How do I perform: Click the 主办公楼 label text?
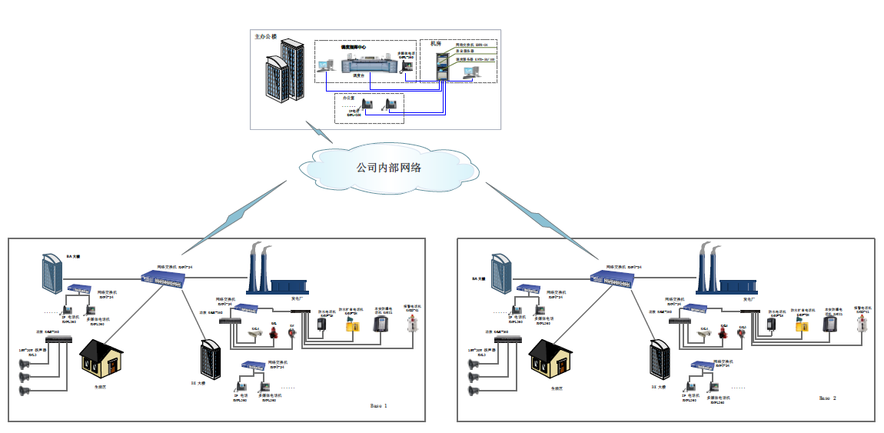point(265,36)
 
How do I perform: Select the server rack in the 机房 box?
point(443,65)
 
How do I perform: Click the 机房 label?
point(436,44)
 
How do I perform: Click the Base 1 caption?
point(379,405)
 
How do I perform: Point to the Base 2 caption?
point(827,398)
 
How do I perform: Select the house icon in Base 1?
point(102,358)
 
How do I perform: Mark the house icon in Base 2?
point(551,358)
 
